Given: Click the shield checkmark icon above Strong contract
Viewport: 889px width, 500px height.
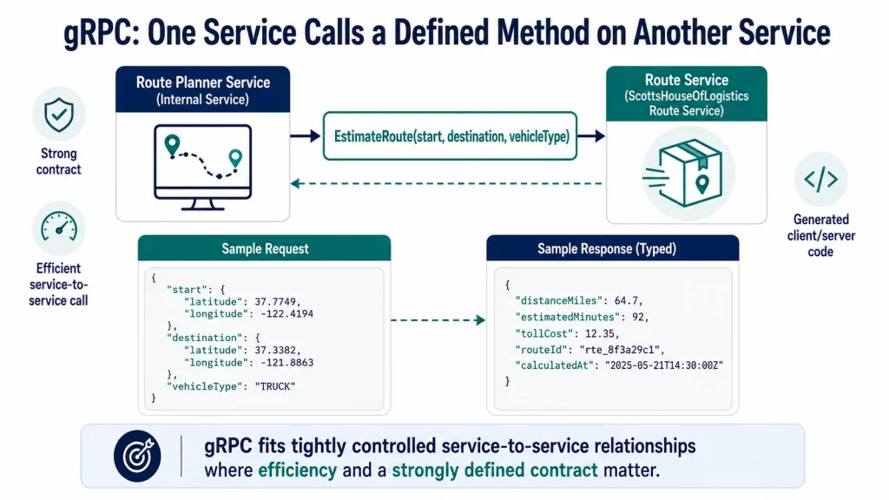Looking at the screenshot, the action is point(59,115).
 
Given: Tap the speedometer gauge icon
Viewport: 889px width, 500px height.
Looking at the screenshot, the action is point(59,227).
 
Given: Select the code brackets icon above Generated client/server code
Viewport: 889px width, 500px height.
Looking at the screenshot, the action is point(820,179).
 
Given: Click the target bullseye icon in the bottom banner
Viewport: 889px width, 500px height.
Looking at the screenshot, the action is point(137,457).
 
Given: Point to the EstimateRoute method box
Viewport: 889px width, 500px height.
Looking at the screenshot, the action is point(451,136).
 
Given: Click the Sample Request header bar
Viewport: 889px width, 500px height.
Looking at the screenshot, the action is point(264,248).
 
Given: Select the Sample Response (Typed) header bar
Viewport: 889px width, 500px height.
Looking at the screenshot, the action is point(612,248).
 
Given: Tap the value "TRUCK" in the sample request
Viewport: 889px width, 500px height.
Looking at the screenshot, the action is point(275,386).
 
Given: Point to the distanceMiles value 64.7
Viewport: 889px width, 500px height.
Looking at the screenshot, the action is point(629,301).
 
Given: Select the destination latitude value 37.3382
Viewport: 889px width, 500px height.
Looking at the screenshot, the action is point(277,351).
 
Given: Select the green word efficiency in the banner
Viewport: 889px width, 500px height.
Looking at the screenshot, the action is point(297,470).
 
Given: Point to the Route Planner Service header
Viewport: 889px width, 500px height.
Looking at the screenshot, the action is point(203,90).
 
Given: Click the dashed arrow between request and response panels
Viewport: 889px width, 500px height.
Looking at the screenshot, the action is point(438,320).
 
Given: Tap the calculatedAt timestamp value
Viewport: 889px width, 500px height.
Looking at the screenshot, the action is point(664,365).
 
